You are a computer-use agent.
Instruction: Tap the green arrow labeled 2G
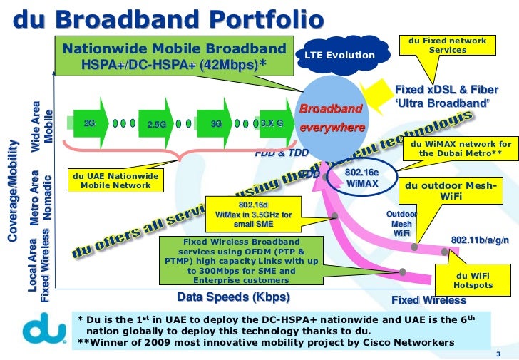coord(91,123)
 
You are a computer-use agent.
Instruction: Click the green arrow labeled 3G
coord(217,123)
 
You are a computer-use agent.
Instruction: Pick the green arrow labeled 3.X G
coord(272,123)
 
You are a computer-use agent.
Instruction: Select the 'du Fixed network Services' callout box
coord(448,46)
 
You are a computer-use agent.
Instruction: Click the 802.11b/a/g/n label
coord(480,240)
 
